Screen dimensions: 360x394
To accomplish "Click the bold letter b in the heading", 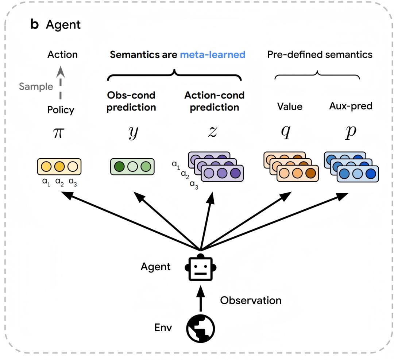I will pyautogui.click(x=34, y=25).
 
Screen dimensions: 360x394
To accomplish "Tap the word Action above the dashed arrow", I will pyautogui.click(x=62, y=55).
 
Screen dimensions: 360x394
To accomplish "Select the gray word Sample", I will pyautogui.click(x=36, y=86).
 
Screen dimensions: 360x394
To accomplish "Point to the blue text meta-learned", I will pyautogui.click(x=212, y=55).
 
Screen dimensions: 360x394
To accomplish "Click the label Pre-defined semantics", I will pyautogui.click(x=320, y=55).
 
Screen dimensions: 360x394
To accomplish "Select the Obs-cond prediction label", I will pyautogui.click(x=131, y=101).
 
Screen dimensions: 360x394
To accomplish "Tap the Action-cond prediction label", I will pyautogui.click(x=214, y=101).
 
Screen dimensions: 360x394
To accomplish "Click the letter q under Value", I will pyautogui.click(x=285, y=132).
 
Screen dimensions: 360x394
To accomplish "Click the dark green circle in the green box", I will pyautogui.click(x=119, y=167).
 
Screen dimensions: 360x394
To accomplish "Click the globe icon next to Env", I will pyautogui.click(x=200, y=328).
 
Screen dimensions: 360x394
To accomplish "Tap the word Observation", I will pyautogui.click(x=251, y=301).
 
